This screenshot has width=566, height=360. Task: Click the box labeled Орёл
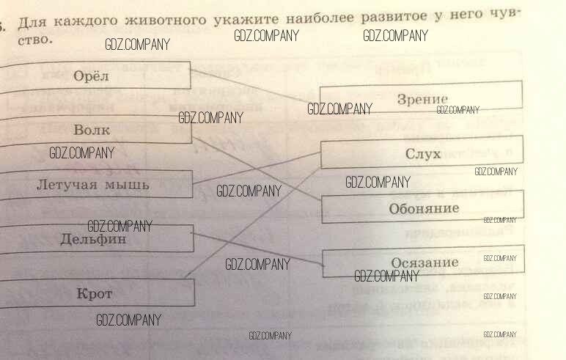tap(92, 76)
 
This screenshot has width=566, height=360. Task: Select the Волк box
tap(92, 130)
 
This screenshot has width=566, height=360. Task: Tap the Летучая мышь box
tap(93, 184)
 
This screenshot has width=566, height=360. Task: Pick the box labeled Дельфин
tap(93, 238)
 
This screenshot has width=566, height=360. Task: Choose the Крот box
tap(95, 293)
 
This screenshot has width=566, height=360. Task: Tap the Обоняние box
tap(424, 208)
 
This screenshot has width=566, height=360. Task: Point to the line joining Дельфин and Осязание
tap(257, 247)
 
